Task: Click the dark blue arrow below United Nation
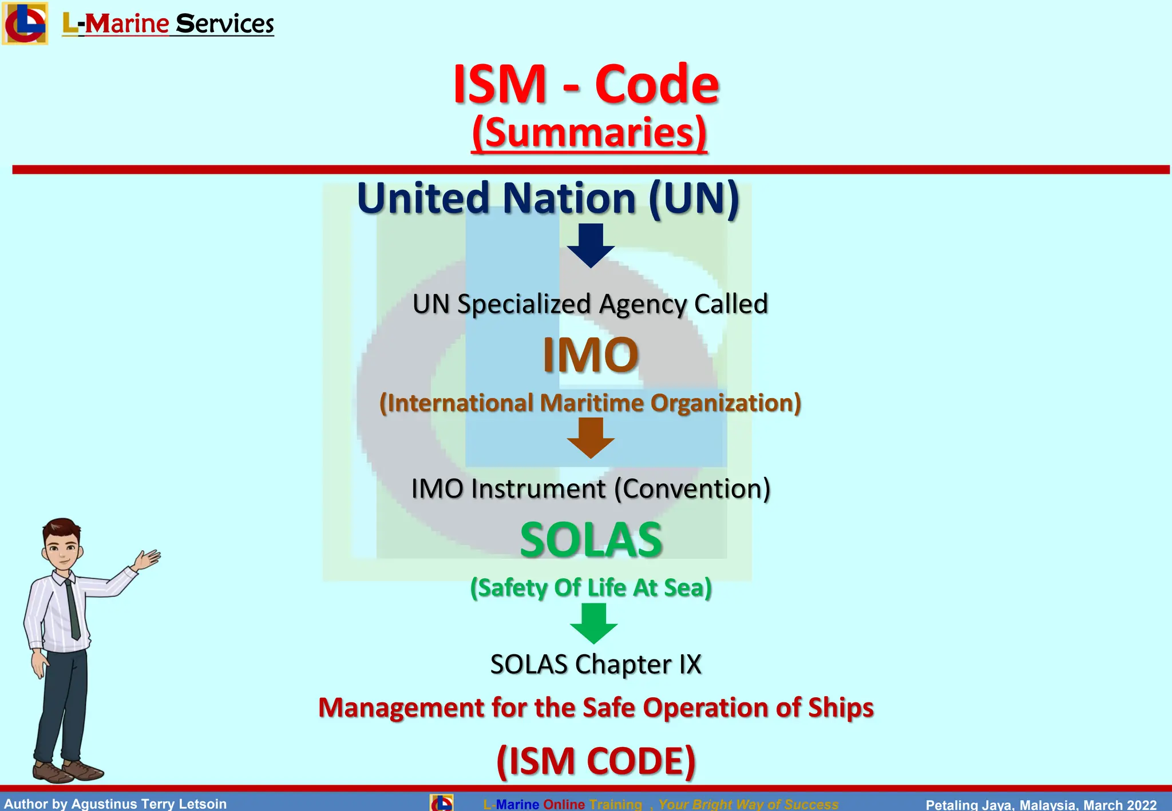tap(591, 245)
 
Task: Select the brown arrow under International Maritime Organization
tap(591, 438)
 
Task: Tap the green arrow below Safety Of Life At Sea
tap(593, 623)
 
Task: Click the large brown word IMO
tap(591, 355)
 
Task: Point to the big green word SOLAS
tap(591, 540)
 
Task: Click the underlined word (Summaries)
tap(589, 133)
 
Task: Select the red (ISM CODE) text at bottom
tap(596, 761)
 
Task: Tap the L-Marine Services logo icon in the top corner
tap(25, 23)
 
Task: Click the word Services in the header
tap(225, 24)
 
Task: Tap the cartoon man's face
tap(62, 547)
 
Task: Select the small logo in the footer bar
tap(441, 803)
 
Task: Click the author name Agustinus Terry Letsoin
tap(149, 804)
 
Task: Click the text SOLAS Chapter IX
tap(596, 665)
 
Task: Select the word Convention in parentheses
tap(692, 489)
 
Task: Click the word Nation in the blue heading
tap(569, 198)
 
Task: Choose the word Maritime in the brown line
tap(592, 403)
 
